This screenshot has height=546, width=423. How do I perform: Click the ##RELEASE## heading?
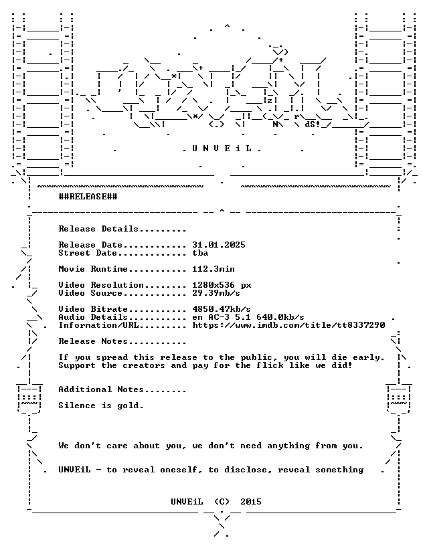(88, 197)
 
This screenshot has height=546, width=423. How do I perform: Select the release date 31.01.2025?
(219, 245)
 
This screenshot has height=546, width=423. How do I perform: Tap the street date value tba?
(200, 253)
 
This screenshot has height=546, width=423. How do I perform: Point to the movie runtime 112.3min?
(214, 269)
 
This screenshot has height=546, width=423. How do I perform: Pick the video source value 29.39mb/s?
(216, 293)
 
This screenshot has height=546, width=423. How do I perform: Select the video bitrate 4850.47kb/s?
(222, 309)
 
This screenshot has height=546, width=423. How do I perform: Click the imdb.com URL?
(289, 325)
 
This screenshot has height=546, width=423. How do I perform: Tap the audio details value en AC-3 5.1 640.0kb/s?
(248, 317)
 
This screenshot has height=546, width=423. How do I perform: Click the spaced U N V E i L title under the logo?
(222, 149)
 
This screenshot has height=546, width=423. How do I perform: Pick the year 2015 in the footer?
(251, 502)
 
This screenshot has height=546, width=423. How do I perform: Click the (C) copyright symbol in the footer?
(222, 502)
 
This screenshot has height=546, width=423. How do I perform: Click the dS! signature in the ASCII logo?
(313, 124)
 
